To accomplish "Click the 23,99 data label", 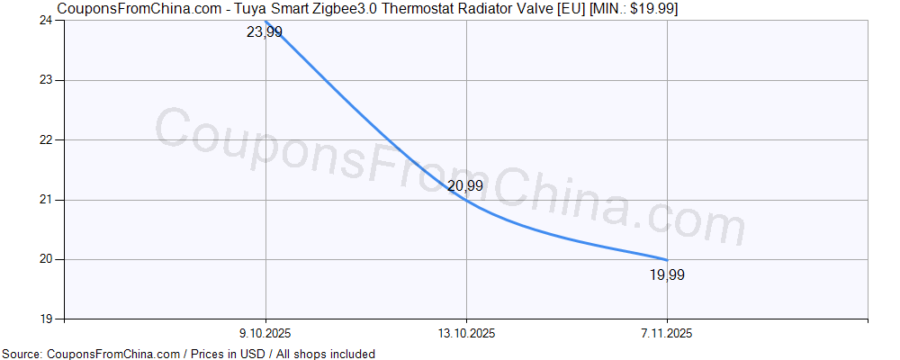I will (264, 32).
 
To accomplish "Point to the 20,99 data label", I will (465, 186).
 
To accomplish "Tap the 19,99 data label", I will (667, 275).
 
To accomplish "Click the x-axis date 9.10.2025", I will (266, 333).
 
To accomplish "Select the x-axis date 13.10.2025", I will (466, 333).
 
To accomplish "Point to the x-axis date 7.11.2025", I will (667, 333).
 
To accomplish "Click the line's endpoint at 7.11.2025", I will (667, 259).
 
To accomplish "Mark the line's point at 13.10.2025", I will (466, 200).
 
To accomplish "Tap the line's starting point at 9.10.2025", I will (266, 21).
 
